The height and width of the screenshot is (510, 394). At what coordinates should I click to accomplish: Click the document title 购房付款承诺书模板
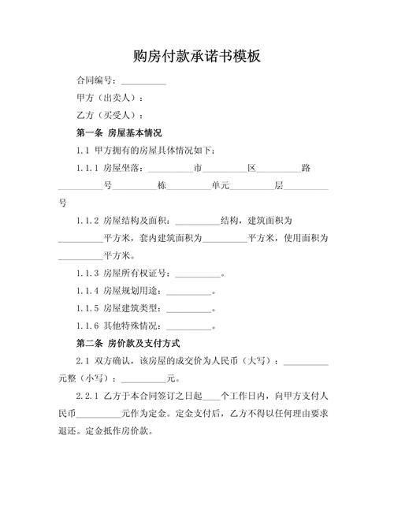196,57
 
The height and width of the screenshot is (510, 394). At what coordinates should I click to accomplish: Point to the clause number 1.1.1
87,168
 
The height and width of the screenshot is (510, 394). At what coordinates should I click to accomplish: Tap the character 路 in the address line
305,168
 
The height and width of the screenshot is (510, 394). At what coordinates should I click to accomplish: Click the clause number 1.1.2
87,221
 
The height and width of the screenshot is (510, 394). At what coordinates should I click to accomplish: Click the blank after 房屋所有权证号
197,274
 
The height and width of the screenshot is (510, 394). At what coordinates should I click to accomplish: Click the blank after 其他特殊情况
189,326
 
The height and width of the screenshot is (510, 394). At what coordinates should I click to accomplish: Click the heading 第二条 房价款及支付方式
128,344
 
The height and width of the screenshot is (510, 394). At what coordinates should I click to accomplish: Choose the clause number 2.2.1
87,396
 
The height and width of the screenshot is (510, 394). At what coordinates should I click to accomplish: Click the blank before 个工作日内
211,396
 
